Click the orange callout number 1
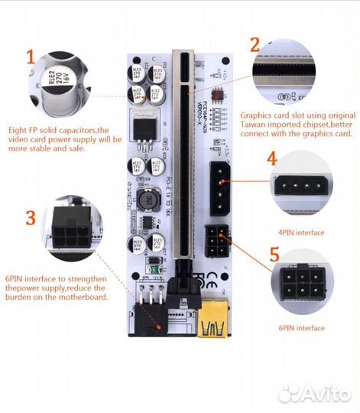pos(30,57)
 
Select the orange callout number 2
pos(255,45)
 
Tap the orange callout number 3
pos(30,217)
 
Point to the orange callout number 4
pos(271,159)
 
